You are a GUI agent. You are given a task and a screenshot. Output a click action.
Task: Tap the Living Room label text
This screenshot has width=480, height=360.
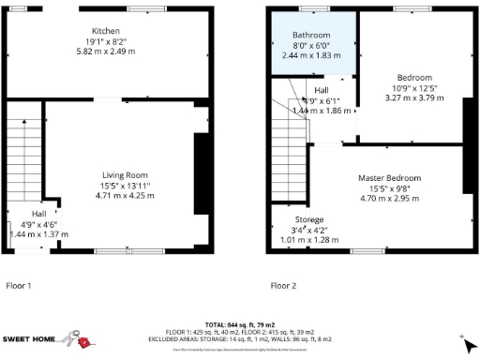point(125,174)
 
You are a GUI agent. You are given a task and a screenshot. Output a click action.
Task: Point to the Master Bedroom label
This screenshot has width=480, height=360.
point(389,177)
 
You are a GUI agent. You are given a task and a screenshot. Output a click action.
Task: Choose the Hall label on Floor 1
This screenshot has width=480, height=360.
point(25,214)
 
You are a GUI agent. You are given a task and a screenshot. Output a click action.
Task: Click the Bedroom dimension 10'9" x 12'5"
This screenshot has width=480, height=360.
point(413,87)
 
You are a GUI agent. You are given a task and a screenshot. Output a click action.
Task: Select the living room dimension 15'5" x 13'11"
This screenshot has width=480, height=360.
point(125,186)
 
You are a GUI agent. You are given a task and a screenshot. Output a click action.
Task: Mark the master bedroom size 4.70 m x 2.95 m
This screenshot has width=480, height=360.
point(389,198)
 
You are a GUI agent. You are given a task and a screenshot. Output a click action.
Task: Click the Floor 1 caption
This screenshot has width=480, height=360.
point(19,285)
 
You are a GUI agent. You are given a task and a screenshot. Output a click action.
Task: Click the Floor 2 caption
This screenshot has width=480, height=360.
point(283,285)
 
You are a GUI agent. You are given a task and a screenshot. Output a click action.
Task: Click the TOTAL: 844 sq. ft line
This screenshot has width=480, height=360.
point(240,321)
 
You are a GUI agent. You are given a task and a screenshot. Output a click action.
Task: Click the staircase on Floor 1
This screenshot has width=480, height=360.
point(23,159)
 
